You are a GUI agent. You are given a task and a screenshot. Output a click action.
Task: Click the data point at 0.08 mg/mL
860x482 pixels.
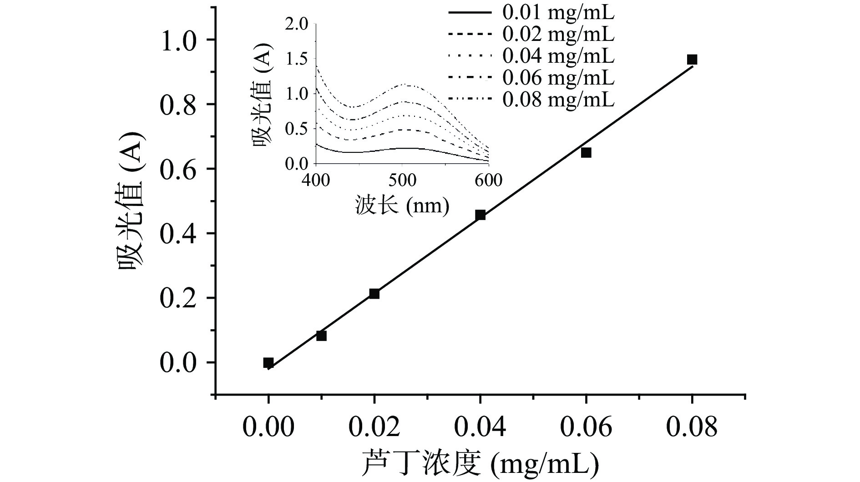pos(692,60)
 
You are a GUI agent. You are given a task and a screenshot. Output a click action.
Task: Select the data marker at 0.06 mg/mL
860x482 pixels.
pos(586,153)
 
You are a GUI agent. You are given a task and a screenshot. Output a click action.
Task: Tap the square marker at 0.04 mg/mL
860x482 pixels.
pos(480,215)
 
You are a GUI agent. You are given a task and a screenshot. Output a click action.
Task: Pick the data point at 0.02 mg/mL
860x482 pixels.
pos(374,294)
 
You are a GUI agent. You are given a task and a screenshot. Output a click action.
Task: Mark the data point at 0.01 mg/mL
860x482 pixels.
pos(321,336)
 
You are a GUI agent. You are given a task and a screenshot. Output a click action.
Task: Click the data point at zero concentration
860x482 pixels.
pos(268,362)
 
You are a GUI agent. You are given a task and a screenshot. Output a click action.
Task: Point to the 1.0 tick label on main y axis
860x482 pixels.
pos(178,40)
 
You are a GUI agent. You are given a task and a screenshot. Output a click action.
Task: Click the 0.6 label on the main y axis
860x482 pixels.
pos(178,169)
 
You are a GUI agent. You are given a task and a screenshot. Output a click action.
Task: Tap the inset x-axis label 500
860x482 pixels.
pos(402,181)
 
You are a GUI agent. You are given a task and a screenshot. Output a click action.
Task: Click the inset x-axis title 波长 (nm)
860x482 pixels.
pos(402,206)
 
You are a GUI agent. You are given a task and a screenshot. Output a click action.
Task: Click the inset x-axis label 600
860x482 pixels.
pos(488,181)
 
